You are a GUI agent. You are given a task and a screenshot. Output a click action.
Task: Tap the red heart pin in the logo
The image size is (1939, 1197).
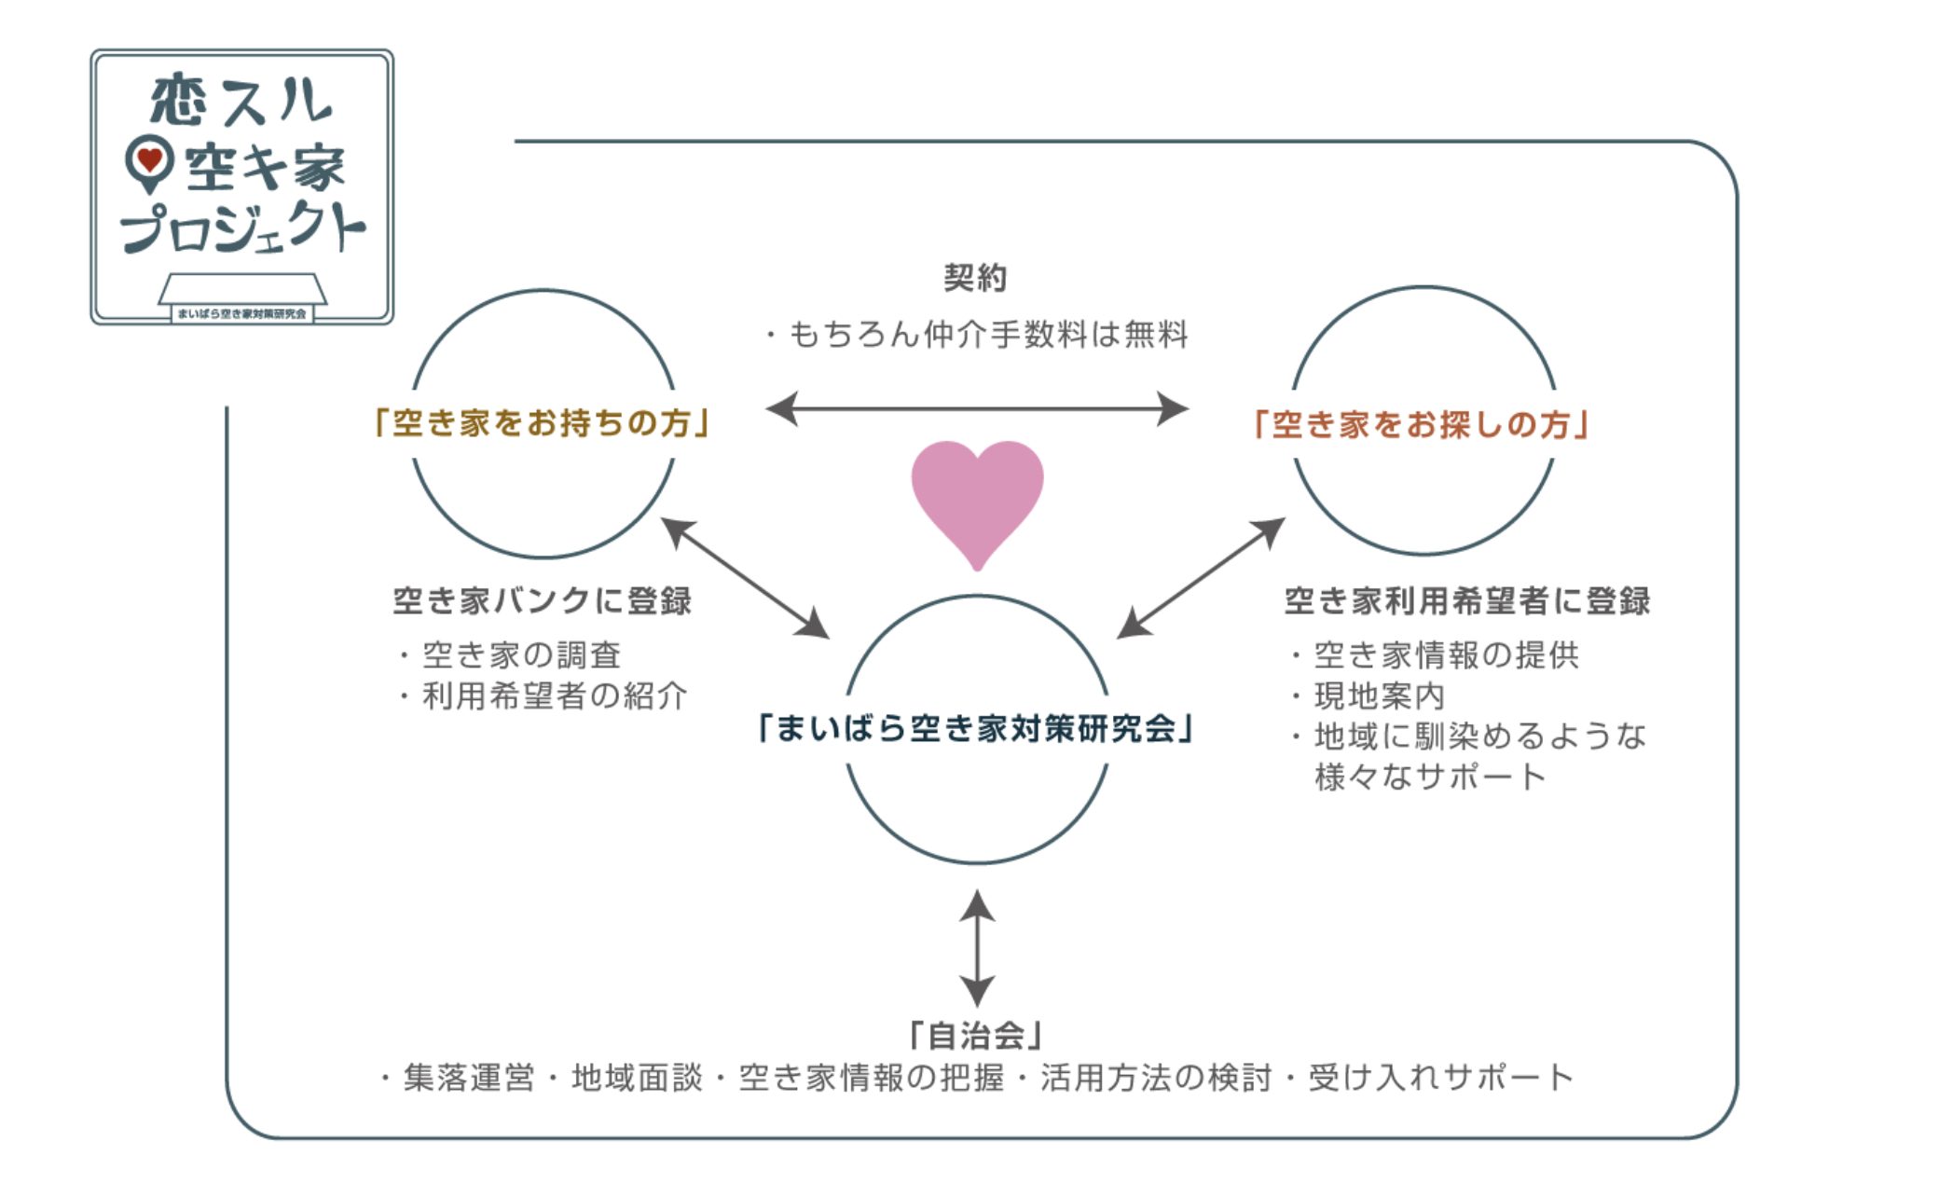[149, 160]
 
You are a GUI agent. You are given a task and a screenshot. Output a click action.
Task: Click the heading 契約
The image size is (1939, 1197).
[975, 278]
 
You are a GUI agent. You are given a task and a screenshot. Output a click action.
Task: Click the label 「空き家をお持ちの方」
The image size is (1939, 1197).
[542, 423]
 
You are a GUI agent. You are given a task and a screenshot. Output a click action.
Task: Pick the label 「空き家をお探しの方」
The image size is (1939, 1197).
[1422, 425]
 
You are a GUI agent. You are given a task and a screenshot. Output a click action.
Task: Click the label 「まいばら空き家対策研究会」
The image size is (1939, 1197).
[976, 728]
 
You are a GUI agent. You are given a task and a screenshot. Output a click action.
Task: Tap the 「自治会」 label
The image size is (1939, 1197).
[976, 1035]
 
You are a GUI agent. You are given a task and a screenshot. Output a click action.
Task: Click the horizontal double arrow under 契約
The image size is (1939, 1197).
[976, 408]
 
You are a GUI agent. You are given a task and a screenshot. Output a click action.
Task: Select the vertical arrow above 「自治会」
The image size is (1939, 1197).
[976, 947]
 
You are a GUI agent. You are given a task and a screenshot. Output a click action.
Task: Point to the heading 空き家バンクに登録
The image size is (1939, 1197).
[542, 601]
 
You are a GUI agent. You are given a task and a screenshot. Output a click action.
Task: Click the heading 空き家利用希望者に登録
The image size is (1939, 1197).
[1466, 601]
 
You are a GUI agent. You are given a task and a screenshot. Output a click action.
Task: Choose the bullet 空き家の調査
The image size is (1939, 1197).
[521, 655]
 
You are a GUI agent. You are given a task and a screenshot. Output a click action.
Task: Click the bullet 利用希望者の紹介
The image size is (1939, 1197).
[555, 696]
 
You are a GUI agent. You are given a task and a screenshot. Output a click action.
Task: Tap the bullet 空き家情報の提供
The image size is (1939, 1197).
[1446, 655]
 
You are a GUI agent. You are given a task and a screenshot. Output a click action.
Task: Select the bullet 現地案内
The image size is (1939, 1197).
[1379, 696]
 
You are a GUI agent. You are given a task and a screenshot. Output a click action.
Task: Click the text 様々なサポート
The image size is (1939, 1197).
[1430, 777]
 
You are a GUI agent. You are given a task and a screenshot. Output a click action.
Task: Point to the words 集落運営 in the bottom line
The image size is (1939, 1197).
[469, 1078]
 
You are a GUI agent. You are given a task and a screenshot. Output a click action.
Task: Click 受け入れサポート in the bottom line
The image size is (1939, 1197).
[1441, 1078]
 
